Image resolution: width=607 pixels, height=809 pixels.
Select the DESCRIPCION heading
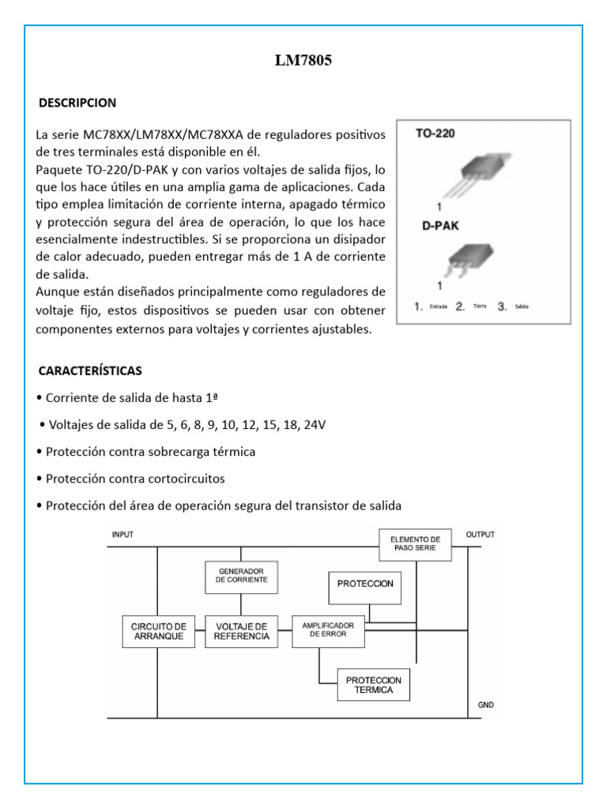pos(78,103)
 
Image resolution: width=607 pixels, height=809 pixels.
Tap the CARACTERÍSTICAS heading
pos(91,371)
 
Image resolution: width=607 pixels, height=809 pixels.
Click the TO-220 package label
pos(435,134)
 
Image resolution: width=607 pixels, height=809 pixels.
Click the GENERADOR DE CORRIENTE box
pos(241,575)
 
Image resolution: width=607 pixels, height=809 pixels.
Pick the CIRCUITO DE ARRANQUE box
pos(158,631)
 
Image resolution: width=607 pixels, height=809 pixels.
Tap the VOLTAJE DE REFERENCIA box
pos(241,631)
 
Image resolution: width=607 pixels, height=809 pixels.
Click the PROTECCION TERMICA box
pos(373,684)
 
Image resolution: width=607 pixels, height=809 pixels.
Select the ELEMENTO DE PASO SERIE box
pos(415,544)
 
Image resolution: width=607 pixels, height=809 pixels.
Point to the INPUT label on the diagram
pos(123,535)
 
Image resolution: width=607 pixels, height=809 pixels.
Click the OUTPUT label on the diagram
pos(480,535)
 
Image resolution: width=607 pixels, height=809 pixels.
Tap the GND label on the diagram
pos(485,704)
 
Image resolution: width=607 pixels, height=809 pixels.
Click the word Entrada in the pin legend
pos(439,306)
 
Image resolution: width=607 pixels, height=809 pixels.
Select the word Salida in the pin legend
pos(522,306)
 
